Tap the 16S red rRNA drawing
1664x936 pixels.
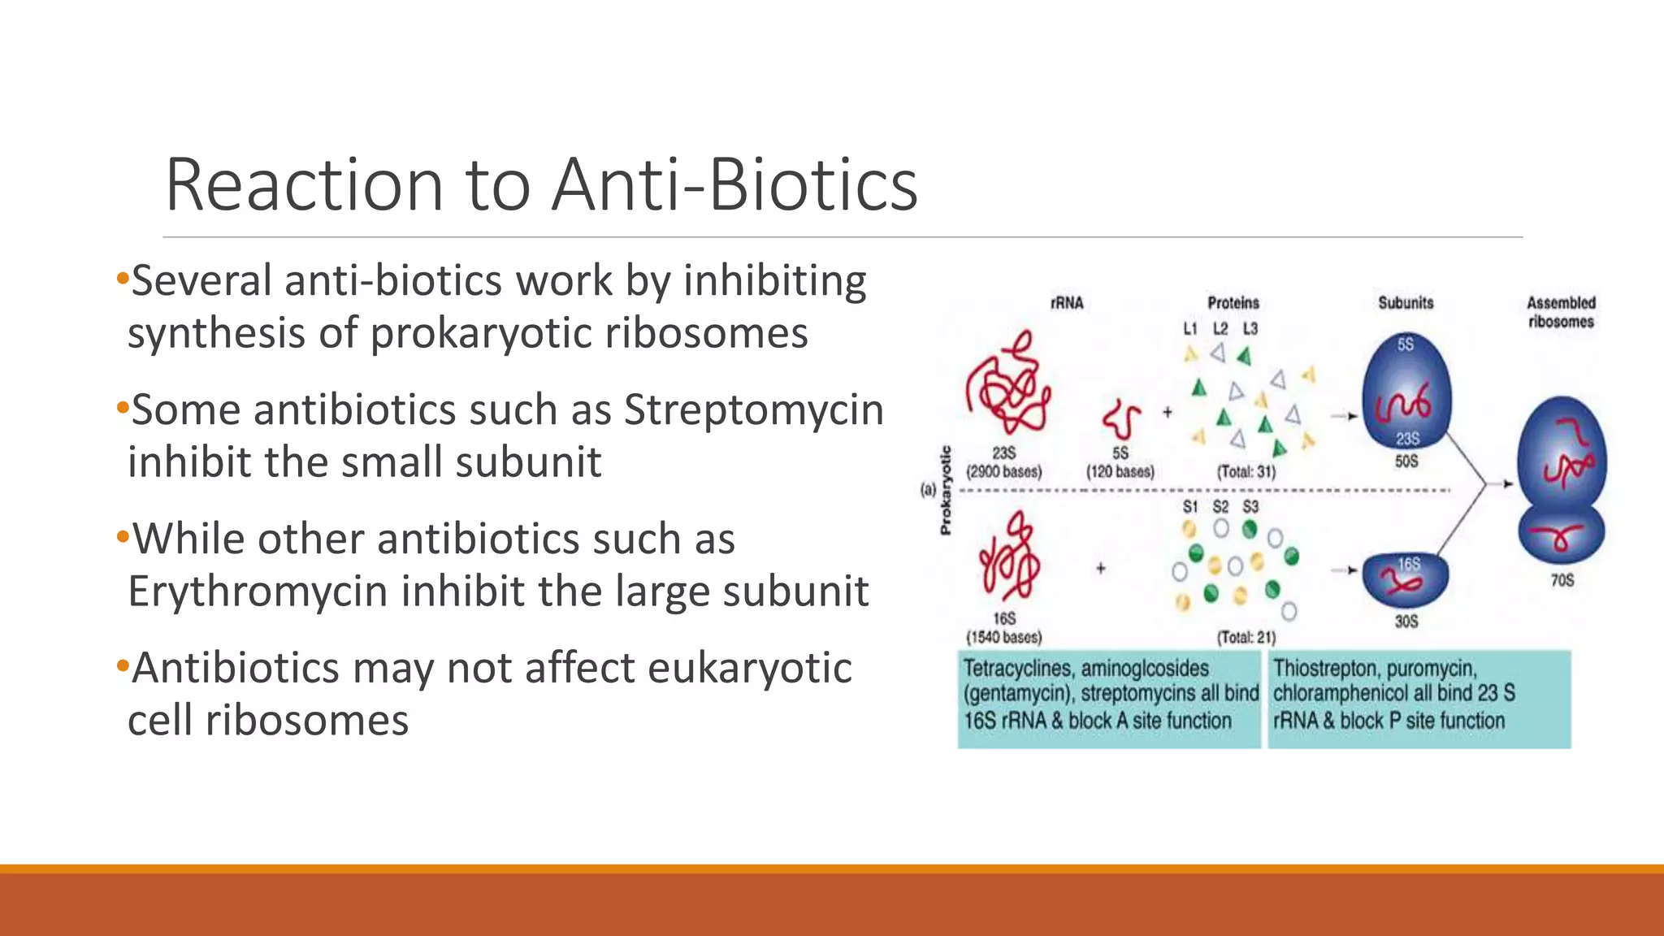[1008, 559]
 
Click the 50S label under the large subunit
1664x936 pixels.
[1406, 461]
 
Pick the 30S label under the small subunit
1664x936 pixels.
[1406, 622]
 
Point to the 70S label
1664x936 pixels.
[1562, 580]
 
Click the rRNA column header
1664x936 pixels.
[1067, 303]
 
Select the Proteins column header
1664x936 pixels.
[1233, 303]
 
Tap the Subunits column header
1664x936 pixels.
[1406, 303]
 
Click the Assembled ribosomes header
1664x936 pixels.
[1561, 312]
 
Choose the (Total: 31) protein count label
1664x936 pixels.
[1246, 471]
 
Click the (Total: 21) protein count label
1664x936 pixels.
[1246, 637]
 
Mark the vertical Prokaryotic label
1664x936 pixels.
[945, 490]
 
